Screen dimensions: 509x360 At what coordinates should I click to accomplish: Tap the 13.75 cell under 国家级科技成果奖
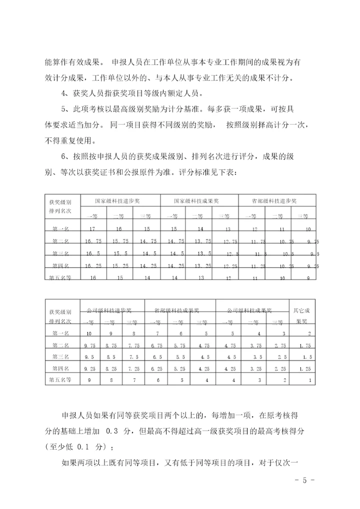202,241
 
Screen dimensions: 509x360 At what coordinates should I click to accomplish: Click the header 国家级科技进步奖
118,201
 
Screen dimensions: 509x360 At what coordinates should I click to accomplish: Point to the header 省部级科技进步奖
275,201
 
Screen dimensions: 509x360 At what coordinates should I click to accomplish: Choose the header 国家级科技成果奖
196,201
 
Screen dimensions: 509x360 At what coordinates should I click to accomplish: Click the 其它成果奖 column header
301,316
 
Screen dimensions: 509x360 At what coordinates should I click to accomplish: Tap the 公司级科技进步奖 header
109,310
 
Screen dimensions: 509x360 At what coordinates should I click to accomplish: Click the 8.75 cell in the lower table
110,345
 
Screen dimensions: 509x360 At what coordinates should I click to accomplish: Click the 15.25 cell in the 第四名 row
121,265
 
